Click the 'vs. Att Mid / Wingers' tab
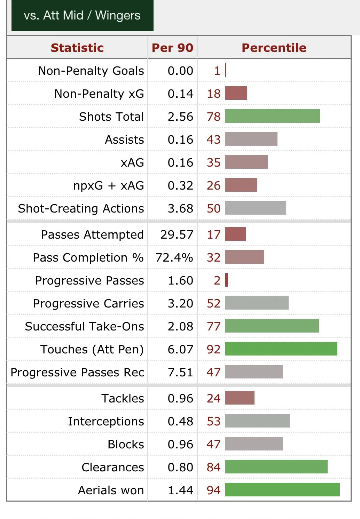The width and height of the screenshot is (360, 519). click(82, 16)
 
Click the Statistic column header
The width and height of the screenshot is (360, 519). click(77, 48)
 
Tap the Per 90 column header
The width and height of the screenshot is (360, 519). click(172, 48)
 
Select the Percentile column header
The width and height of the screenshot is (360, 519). click(274, 48)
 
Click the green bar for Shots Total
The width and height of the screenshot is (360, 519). click(273, 116)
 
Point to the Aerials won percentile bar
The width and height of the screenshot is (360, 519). click(282, 490)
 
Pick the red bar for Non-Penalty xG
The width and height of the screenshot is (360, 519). click(236, 93)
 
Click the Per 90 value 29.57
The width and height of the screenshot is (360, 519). click(177, 234)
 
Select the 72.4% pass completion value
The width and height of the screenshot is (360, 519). click(174, 257)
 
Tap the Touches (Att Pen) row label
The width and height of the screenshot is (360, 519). click(92, 349)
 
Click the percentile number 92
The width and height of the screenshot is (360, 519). click(213, 349)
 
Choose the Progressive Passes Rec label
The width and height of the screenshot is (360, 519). click(77, 372)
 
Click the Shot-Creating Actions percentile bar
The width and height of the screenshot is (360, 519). click(256, 208)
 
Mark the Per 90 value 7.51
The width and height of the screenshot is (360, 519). click(180, 372)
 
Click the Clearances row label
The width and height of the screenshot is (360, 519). click(112, 467)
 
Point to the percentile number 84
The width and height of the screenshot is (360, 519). click(213, 467)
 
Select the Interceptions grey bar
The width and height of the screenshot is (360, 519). click(257, 421)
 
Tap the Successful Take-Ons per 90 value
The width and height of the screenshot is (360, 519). click(180, 326)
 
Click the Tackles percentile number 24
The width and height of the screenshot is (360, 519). click(213, 398)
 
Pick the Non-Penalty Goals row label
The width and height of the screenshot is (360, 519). click(91, 71)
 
